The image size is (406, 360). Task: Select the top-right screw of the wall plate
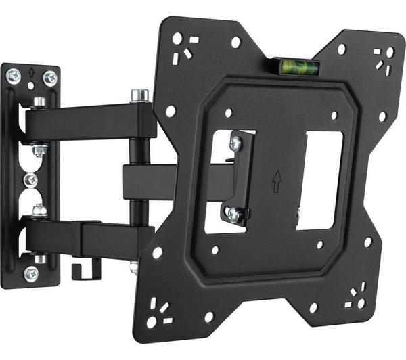50,78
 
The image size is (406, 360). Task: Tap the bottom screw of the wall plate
30,274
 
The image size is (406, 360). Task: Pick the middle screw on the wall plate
30,179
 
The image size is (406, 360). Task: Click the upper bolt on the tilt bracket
235,143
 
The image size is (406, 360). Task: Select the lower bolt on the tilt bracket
233,215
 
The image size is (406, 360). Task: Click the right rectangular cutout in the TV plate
319,179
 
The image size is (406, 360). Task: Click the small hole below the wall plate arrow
31,86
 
